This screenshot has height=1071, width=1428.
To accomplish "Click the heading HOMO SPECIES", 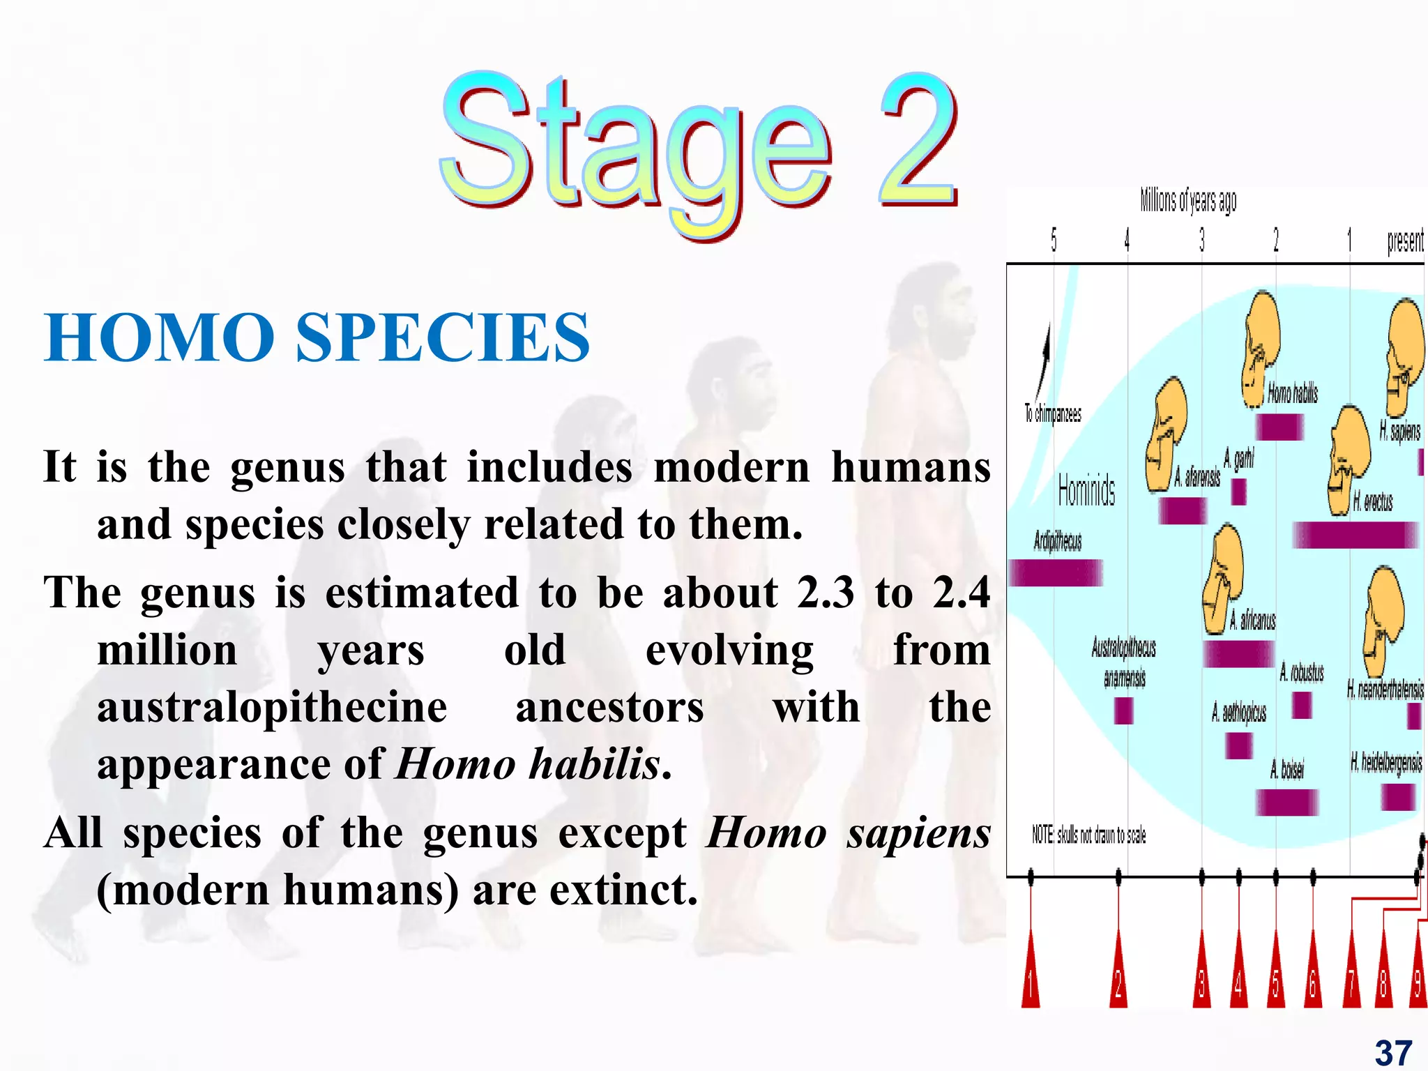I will (317, 338).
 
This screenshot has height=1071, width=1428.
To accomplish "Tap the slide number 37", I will (1393, 1052).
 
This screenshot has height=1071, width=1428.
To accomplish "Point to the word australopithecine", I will (272, 707).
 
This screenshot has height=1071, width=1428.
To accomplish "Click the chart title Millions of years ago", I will (1188, 201).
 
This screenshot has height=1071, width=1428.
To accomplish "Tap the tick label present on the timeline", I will (1404, 241).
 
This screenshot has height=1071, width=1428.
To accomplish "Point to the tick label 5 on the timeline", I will (1054, 241).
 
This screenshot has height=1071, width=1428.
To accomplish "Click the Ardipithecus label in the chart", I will (1057, 541).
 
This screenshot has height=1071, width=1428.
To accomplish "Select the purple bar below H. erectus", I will (1355, 535).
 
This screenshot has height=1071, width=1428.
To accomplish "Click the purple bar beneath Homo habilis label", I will (1279, 427).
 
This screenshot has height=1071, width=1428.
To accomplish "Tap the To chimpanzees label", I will (1052, 413).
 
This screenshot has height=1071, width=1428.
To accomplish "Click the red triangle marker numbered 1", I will (1030, 980).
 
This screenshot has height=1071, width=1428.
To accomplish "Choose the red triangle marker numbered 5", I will (1275, 980).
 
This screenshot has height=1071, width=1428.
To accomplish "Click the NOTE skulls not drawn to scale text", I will (1088, 835).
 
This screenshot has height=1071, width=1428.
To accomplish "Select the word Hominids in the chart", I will (1086, 489).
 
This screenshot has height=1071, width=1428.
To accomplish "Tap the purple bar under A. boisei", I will (1286, 802).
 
